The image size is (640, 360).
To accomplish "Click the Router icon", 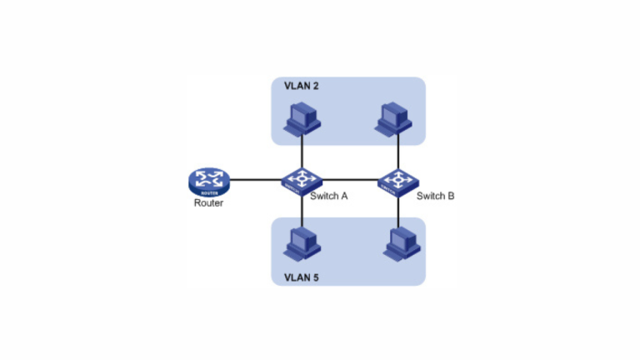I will [x=207, y=180].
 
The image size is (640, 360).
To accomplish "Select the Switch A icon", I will [x=302, y=180].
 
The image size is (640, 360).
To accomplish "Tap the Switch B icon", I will [x=398, y=180].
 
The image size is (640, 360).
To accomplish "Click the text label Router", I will [x=208, y=202].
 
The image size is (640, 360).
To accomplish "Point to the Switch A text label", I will [x=328, y=197].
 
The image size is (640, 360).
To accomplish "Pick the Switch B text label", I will [x=435, y=197].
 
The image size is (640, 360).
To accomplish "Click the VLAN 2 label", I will [x=302, y=87].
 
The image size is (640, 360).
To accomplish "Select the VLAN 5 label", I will [x=302, y=275].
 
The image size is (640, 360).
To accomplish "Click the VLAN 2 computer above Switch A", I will [x=302, y=120].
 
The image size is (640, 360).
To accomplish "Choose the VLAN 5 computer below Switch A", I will [x=302, y=242].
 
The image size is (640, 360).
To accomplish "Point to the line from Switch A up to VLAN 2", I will [x=302, y=152].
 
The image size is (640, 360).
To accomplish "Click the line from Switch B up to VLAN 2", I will [x=398, y=152].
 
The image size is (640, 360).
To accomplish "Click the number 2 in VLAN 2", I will [x=316, y=87].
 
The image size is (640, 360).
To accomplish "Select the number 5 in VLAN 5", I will [x=316, y=275].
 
